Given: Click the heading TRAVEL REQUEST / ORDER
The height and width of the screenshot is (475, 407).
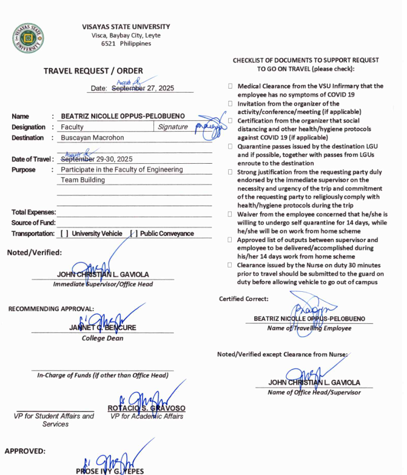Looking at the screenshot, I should click(93, 71).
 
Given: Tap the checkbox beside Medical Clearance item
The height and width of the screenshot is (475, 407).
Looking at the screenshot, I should click(230, 86).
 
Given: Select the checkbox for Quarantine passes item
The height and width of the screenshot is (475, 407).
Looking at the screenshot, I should click(230, 146).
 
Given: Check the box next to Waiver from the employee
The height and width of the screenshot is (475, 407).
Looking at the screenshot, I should click(230, 214).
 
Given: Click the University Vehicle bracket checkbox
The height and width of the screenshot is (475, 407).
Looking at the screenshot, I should click(64, 234).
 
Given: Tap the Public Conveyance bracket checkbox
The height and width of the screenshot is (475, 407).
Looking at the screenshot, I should click(133, 234).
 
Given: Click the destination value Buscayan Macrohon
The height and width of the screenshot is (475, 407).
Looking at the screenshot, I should click(92, 138).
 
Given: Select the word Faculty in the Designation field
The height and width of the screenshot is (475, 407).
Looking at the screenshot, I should click(72, 127).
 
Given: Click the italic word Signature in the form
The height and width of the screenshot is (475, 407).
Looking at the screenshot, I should click(172, 127).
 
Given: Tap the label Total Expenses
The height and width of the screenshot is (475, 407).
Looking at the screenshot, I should click(33, 212).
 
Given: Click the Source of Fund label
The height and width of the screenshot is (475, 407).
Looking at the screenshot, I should click(33, 223).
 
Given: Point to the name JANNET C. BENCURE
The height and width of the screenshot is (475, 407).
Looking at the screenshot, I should click(103, 328).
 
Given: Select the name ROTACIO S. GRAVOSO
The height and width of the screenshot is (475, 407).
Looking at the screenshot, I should click(146, 408).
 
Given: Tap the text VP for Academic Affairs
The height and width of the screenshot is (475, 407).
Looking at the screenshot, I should click(146, 416).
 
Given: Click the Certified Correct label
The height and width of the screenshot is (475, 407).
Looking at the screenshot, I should click(243, 299).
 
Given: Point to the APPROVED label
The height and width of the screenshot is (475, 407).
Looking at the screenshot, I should click(24, 451).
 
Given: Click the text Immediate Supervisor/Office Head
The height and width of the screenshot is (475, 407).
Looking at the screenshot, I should click(103, 284).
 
